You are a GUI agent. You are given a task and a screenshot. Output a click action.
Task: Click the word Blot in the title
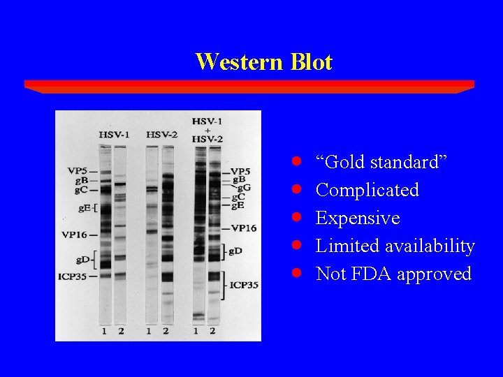(309, 61)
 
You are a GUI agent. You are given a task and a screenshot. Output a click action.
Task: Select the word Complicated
(367, 190)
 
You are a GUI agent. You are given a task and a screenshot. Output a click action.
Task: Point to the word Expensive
(358, 218)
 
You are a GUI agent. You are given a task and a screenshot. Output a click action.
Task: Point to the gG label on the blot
(244, 188)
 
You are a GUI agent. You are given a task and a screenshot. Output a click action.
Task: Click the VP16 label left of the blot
(77, 235)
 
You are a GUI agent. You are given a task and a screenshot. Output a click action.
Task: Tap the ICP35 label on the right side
(243, 285)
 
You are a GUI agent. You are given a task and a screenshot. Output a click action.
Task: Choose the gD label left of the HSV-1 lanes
(83, 260)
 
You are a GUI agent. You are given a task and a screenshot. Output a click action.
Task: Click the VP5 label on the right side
(240, 172)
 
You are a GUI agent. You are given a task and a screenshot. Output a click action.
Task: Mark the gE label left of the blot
(84, 207)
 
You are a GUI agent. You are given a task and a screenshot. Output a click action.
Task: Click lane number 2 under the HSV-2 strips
(166, 330)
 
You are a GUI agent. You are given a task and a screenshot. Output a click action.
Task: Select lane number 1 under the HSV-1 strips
(104, 330)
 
